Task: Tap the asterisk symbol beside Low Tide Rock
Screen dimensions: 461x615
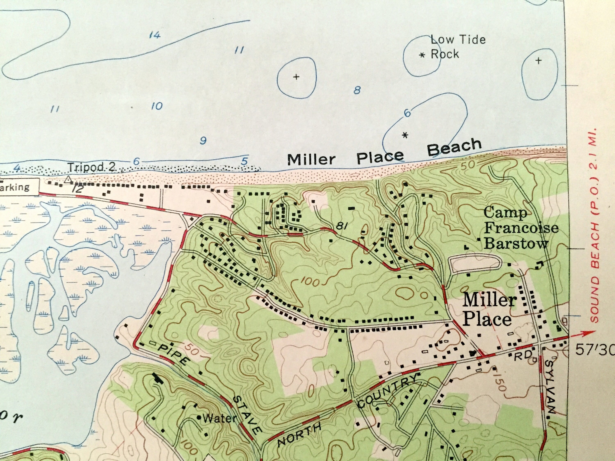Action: (422, 55)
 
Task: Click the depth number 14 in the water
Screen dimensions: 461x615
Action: (155, 35)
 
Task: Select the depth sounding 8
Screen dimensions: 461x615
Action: (357, 90)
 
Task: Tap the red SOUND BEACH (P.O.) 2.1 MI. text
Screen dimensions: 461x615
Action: (595, 225)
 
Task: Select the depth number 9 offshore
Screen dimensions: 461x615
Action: (203, 141)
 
